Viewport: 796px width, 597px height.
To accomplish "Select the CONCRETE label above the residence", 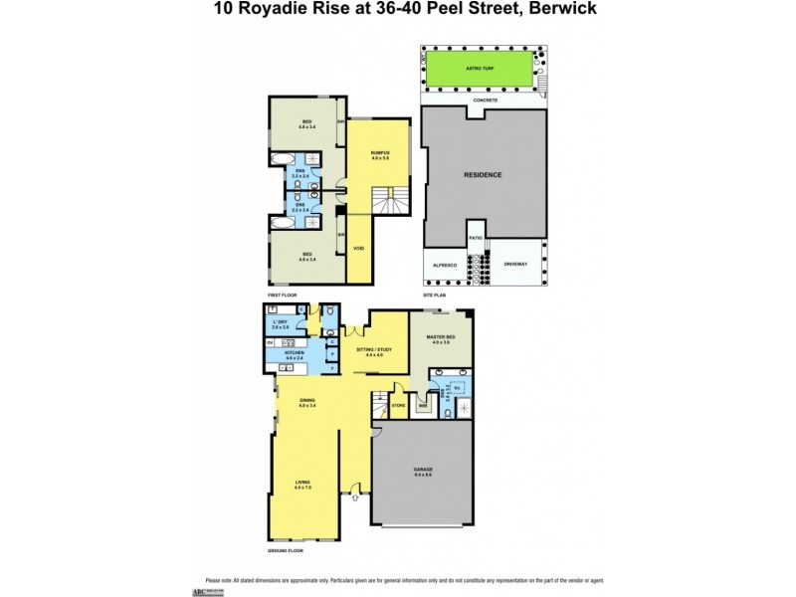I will tap(485, 100).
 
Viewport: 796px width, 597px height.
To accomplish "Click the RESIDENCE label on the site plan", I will tap(484, 175).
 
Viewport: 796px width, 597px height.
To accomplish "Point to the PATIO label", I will tap(476, 238).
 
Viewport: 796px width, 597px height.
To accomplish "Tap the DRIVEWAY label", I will tap(515, 265).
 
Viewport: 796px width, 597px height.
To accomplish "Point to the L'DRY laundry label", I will tap(280, 323).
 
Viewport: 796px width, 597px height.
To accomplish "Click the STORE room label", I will tap(397, 405).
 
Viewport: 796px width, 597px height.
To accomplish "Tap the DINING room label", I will tap(306, 402).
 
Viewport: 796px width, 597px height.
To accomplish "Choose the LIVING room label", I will tap(302, 485).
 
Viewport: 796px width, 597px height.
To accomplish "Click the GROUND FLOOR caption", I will tap(287, 550).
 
